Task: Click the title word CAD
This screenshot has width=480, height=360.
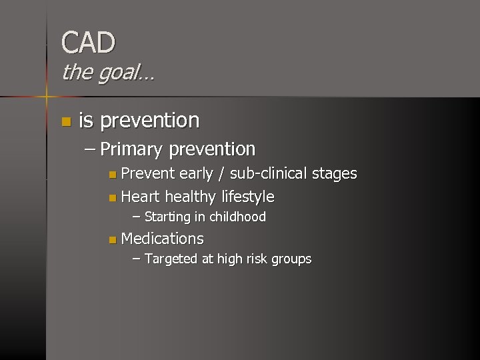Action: pos(88,43)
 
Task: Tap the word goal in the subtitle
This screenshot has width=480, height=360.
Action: pos(119,72)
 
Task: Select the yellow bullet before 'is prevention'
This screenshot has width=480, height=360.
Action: pos(65,121)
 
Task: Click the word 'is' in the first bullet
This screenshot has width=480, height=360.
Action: pos(85,121)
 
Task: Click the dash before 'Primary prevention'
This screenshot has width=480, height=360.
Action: pos(90,149)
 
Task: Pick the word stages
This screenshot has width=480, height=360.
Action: pos(335,175)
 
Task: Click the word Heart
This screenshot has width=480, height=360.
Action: pos(141,197)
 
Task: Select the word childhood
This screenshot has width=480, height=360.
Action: pos(237,217)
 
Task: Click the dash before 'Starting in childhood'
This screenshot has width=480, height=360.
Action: pos(137,217)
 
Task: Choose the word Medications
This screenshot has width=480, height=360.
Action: pos(162,239)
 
